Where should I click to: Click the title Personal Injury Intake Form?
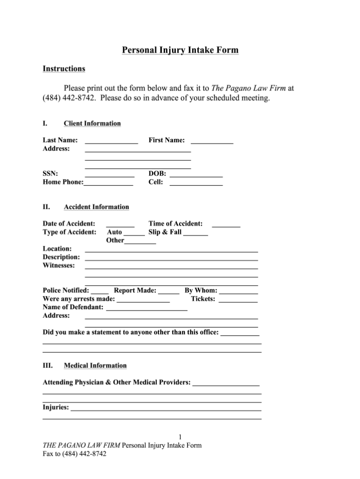pos(180,50)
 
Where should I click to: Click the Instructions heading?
pos(64,69)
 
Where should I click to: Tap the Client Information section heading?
pos(92,124)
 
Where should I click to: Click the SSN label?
pos(50,174)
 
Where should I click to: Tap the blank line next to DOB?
pos(196,175)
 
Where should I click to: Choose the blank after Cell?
pos(196,184)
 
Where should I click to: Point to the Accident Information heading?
pos(96,207)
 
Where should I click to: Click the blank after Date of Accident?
pos(120,226)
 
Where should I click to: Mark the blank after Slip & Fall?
pos(195,234)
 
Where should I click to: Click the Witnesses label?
pos(59,266)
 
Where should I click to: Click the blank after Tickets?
pos(238,301)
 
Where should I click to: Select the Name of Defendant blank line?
pos(146,309)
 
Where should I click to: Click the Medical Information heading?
pos(95,365)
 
